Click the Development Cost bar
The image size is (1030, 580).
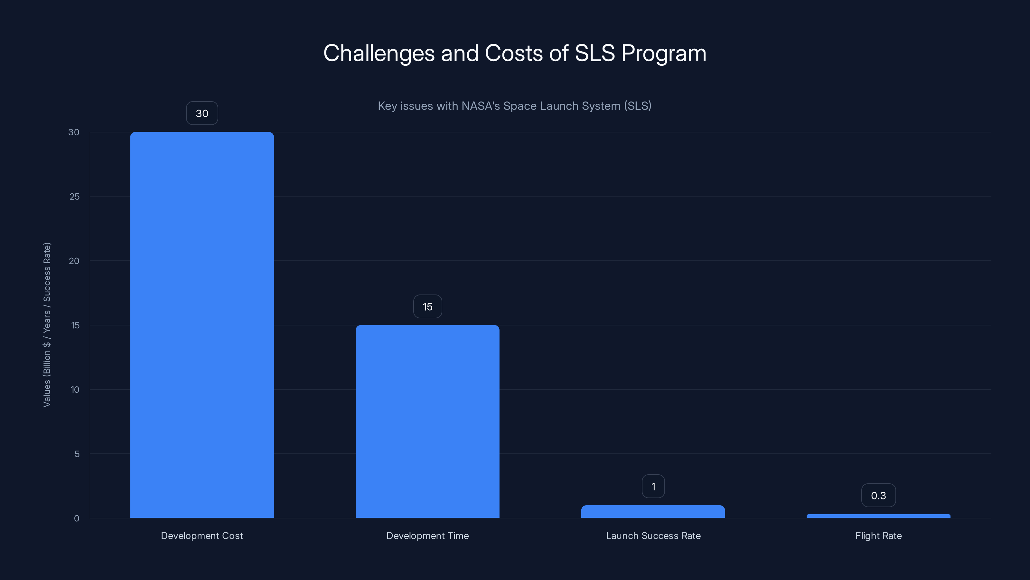(202, 324)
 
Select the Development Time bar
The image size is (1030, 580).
(427, 421)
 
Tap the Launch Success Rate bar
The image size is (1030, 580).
(653, 512)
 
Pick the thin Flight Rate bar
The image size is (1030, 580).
(878, 516)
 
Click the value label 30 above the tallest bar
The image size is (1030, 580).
(202, 113)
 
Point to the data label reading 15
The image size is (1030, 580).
(427, 307)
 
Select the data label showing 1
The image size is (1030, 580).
(653, 486)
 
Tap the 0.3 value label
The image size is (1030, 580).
(878, 496)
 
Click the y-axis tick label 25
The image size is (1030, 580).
(74, 197)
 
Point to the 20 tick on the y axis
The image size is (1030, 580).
(74, 261)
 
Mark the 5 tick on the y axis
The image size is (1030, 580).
(77, 454)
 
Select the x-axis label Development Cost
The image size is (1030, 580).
(202, 536)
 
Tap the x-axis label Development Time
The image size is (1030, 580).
(427, 536)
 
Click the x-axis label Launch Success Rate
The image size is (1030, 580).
(653, 536)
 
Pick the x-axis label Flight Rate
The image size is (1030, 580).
(878, 536)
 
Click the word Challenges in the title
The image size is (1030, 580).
(379, 53)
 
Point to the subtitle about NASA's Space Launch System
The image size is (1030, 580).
(515, 106)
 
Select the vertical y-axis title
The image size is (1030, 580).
(47, 324)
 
